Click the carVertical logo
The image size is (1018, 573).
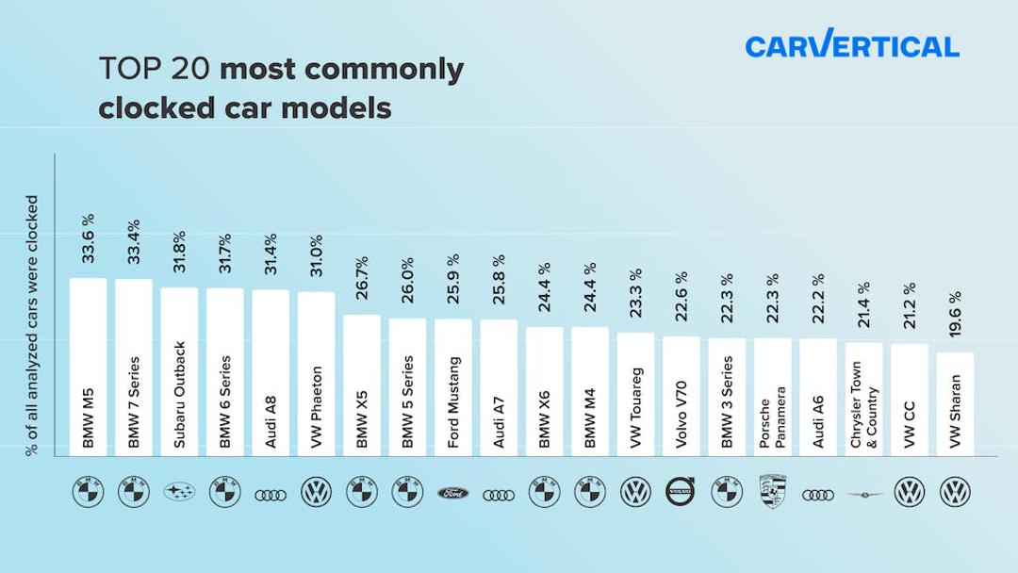click(851, 44)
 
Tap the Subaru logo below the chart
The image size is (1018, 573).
click(179, 492)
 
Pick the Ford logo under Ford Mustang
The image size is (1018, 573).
click(452, 492)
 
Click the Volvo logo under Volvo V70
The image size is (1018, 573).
click(681, 491)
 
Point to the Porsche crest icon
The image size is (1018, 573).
click(772, 491)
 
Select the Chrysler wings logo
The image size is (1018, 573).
click(863, 492)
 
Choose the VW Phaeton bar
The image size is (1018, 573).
click(316, 373)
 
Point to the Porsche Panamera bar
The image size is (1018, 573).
click(772, 396)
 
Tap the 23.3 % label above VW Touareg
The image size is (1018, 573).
click(635, 298)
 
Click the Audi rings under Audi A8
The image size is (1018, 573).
click(271, 492)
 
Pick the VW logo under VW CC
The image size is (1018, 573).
click(909, 491)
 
